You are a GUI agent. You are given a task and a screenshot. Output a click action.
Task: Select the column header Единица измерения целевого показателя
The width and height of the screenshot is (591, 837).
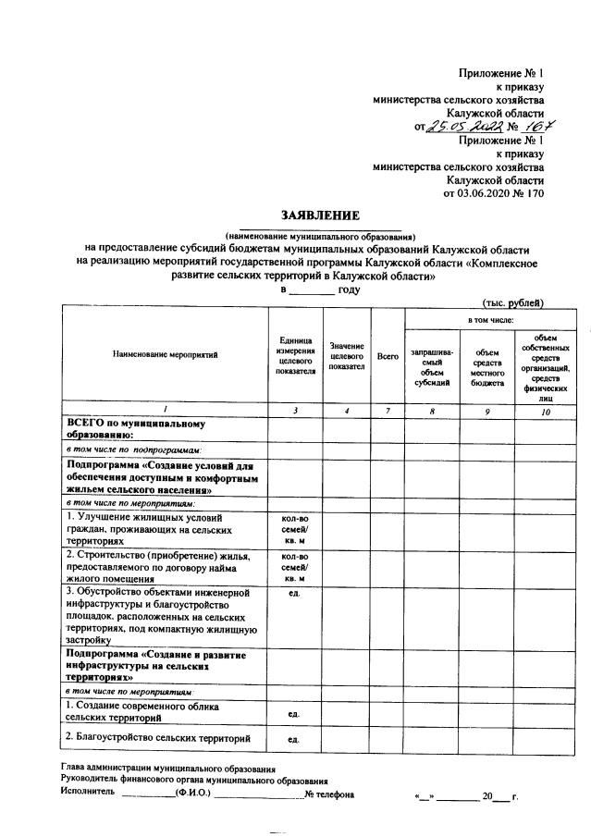[294, 356]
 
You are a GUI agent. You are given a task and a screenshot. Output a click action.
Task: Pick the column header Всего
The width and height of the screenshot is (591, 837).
[388, 356]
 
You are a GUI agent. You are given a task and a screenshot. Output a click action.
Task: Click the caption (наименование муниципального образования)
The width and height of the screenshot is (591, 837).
[320, 236]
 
